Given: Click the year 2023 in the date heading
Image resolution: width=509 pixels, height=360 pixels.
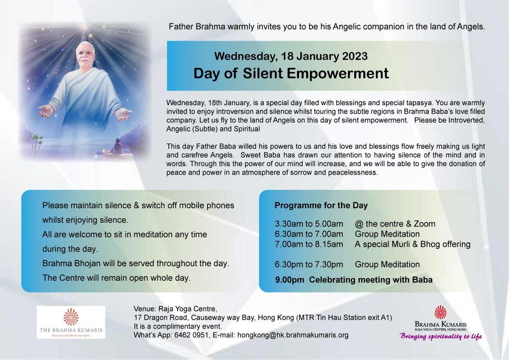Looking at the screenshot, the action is point(355,56).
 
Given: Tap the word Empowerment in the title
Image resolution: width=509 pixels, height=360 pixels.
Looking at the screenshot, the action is point(338,73).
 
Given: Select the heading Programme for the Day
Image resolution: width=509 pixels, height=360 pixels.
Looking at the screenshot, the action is point(321,205).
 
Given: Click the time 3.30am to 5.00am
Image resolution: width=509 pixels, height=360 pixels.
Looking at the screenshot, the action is point(309,224).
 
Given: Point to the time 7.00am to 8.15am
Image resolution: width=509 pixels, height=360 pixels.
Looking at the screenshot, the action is point(309,244).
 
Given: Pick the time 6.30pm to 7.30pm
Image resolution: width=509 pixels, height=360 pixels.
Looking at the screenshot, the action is point(309,265).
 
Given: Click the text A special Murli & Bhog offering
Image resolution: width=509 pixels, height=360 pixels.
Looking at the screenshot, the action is point(412,244).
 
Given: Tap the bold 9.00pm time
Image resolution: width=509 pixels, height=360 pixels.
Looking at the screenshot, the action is point(290,280).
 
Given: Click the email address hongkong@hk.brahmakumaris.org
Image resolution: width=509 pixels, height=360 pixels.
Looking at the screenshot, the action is point(293,335).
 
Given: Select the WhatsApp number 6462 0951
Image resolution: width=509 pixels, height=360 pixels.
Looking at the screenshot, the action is point(191,335).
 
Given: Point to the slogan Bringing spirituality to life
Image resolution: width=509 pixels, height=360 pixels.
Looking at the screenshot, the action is point(441,336).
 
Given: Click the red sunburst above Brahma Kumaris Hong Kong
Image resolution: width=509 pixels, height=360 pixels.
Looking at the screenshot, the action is point(440,313).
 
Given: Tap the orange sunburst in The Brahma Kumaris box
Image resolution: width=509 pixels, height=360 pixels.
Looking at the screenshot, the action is point(71,317).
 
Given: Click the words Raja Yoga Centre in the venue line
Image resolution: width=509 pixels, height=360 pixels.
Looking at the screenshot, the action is point(187,309).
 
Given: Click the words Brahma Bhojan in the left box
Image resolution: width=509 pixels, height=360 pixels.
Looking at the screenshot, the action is point(71,263).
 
